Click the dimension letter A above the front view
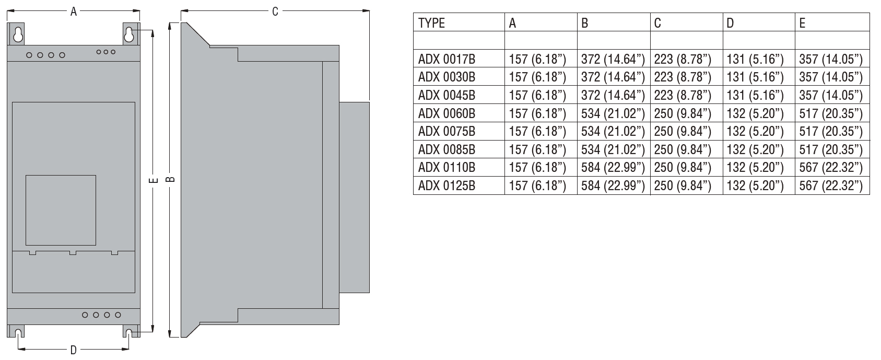pos(74,12)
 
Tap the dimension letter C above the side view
pos(275,12)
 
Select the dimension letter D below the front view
pos(74,350)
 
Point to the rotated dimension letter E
pos(154,180)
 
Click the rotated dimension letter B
pos(170,179)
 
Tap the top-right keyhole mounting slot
pos(129,34)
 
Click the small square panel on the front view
pos(61,210)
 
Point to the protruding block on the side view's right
pos(355,198)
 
